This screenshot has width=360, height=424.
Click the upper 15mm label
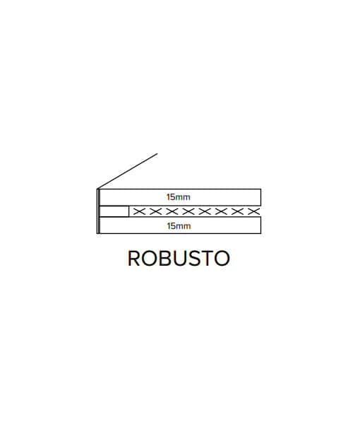point(179,197)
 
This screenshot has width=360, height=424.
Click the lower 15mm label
point(179,226)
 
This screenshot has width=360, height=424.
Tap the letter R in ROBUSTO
point(134,258)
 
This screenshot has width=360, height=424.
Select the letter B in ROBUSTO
point(162,258)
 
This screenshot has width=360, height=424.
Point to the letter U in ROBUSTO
point(177,259)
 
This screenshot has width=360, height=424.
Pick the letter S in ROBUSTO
point(193,258)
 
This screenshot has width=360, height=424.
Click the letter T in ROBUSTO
point(206,258)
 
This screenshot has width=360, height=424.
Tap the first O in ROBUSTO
point(148,258)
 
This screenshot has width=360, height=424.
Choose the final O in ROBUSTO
point(222,258)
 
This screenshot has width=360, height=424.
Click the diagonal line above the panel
point(128,171)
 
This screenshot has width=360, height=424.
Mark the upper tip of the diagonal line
point(157,153)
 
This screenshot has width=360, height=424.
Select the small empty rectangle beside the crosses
point(114,211)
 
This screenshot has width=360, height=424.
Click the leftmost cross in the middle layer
point(139,211)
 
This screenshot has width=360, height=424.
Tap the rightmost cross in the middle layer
point(254,211)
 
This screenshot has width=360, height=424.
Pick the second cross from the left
point(155,211)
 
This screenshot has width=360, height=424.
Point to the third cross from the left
point(172,211)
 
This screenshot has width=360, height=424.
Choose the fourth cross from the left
point(188,211)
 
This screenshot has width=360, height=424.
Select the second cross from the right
point(237,211)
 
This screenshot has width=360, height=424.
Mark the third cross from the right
point(221,211)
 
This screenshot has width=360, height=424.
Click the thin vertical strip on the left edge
point(98,211)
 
